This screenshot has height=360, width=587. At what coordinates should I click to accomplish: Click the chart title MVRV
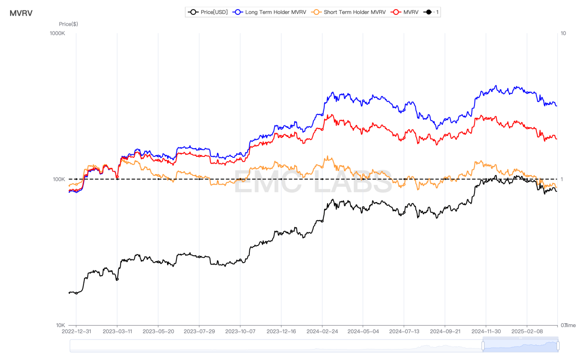pos(21,13)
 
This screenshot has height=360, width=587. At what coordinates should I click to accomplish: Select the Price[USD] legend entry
pos(208,12)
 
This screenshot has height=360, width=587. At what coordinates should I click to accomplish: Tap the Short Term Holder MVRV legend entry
pos(348,12)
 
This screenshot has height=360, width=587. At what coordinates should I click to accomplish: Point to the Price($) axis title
pos(68,24)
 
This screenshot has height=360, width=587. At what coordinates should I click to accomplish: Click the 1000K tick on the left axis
pos(57,33)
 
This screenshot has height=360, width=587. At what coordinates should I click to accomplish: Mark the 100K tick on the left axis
pos(59,179)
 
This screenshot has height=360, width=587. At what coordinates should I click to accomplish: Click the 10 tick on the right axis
pos(563,33)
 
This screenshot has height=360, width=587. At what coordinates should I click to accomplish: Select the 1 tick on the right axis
pos(562,179)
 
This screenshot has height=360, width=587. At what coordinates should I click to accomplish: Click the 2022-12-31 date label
pos(76,331)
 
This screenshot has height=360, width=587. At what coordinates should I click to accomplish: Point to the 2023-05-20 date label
pos(158,331)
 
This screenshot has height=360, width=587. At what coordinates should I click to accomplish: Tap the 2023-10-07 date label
pos(240,331)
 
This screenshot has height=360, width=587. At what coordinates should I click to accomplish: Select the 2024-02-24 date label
pos(322,331)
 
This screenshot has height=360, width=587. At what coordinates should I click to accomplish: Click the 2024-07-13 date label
pos(404,331)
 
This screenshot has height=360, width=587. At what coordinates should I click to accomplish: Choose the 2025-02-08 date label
pos(527,331)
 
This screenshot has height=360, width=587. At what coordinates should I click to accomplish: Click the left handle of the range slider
pos(483,345)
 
